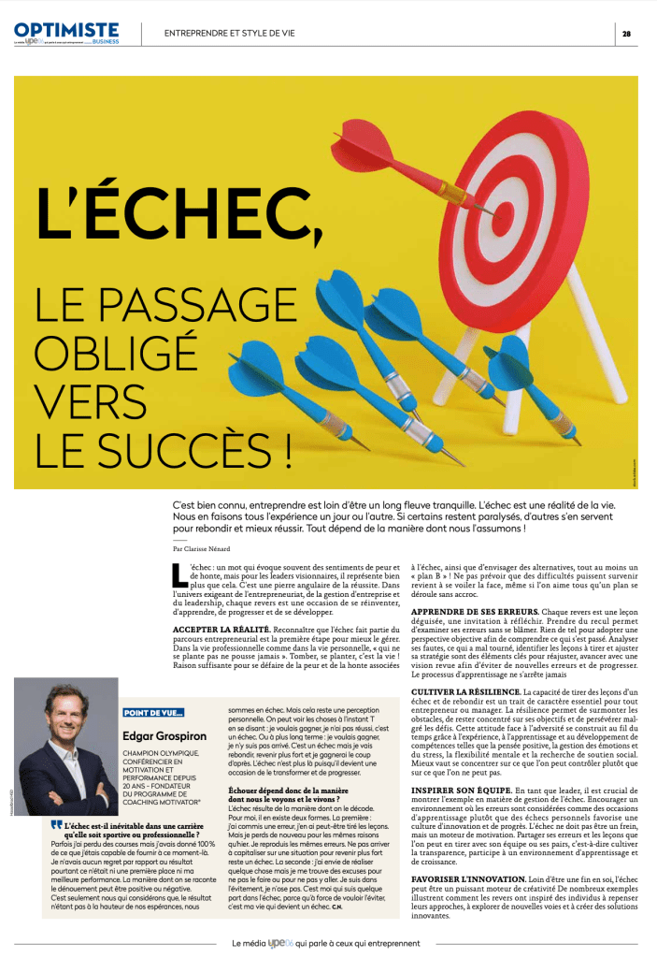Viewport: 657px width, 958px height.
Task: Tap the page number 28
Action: (627, 33)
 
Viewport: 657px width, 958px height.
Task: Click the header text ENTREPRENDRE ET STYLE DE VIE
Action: (229, 33)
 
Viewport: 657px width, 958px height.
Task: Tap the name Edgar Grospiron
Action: (165, 735)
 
